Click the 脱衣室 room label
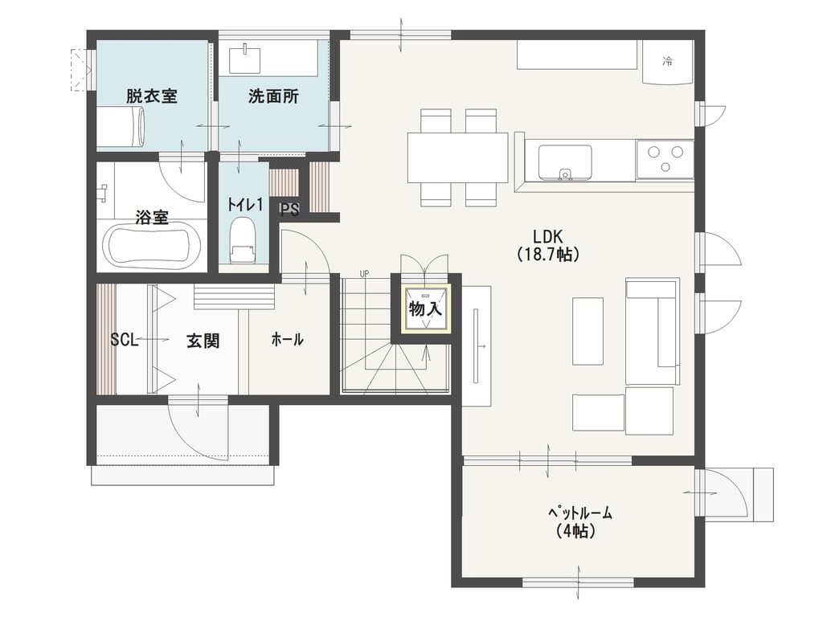click(x=152, y=96)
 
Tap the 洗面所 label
click(x=273, y=96)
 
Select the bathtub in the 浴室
click(x=152, y=246)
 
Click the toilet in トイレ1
click(x=243, y=239)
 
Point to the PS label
click(x=289, y=210)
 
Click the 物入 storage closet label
click(x=425, y=309)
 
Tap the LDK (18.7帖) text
click(x=548, y=245)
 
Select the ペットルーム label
click(x=580, y=513)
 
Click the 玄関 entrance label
click(x=203, y=341)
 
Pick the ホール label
click(x=287, y=340)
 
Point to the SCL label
click(x=124, y=340)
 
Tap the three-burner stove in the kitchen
click(x=665, y=158)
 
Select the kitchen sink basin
click(x=565, y=162)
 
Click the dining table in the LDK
click(x=457, y=157)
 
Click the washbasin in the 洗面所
click(x=244, y=59)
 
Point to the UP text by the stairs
click(x=364, y=274)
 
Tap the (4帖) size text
click(x=575, y=532)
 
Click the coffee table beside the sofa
click(x=588, y=331)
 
